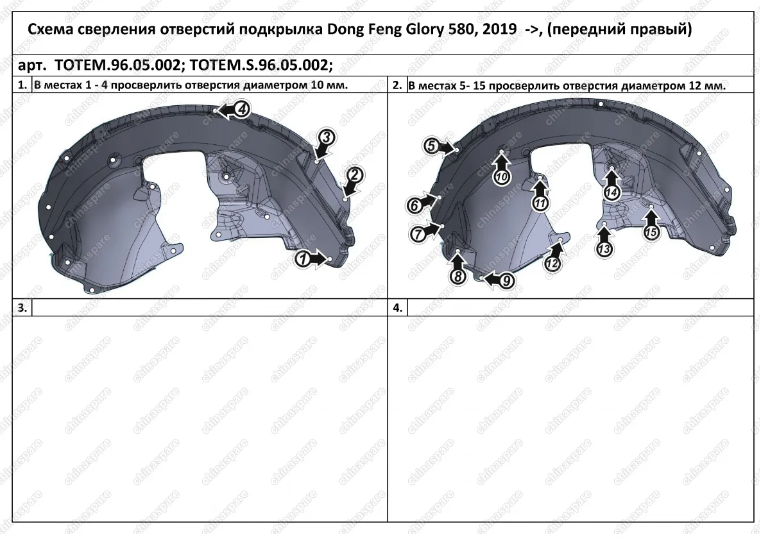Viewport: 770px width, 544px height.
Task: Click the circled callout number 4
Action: (243, 109)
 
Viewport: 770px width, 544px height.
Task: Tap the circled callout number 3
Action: (326, 137)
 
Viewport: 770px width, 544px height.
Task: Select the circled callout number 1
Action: (303, 259)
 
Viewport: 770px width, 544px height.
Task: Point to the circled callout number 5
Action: (431, 146)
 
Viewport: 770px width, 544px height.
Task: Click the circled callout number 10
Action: (502, 177)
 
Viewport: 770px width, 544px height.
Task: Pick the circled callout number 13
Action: (604, 249)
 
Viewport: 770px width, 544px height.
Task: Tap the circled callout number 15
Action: (651, 232)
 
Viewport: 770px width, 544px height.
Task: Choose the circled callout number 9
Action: (506, 281)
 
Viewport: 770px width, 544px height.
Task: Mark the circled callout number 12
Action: (552, 264)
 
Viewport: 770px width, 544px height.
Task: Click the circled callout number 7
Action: (418, 235)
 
